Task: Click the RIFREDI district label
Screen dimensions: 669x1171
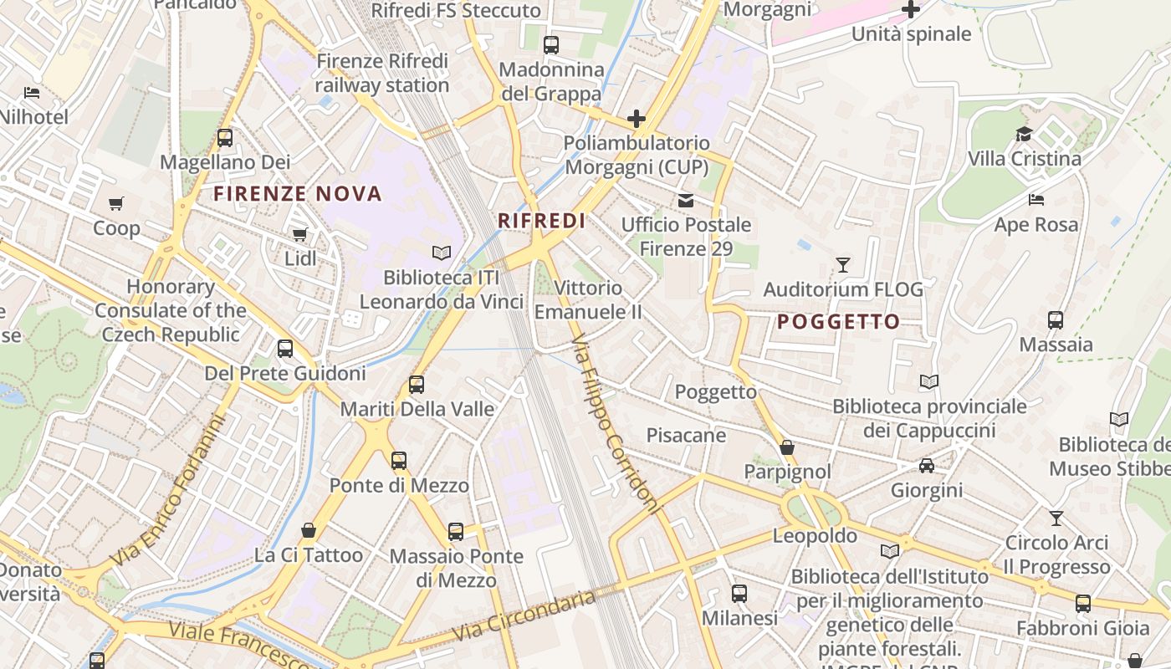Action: click(x=541, y=221)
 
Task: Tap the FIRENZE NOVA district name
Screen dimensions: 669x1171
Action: click(x=298, y=194)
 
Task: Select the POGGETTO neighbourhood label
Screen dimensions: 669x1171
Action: click(x=838, y=322)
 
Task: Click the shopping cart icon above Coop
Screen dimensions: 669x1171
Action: click(x=116, y=203)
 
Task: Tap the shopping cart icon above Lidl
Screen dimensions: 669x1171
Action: click(x=299, y=234)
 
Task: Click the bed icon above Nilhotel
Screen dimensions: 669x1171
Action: click(x=32, y=92)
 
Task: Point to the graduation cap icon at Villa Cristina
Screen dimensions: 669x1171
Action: click(x=1024, y=134)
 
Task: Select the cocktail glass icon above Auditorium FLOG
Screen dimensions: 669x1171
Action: click(x=843, y=265)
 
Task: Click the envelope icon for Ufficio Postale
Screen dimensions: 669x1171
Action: click(x=686, y=200)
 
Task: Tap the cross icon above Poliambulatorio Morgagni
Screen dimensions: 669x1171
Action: click(x=637, y=119)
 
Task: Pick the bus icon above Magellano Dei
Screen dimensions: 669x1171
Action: click(x=224, y=138)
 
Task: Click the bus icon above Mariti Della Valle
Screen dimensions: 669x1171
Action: click(x=417, y=385)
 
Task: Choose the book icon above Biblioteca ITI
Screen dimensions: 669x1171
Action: click(x=441, y=253)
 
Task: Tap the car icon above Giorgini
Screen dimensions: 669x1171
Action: click(x=927, y=465)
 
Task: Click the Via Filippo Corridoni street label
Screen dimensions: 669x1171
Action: click(x=615, y=425)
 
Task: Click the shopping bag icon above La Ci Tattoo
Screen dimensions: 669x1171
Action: click(x=309, y=530)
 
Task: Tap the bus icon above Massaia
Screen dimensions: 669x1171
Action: click(x=1056, y=319)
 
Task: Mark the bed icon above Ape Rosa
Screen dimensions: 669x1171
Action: click(x=1035, y=200)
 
